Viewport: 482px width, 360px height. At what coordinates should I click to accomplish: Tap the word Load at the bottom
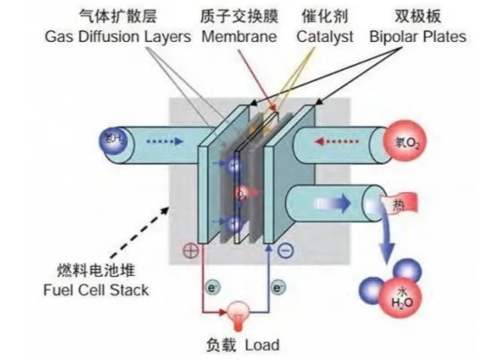[262, 346]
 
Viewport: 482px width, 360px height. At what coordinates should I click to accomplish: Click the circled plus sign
[191, 251]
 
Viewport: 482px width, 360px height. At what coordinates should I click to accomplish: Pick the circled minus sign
[285, 250]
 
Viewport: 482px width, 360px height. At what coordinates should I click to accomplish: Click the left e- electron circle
[211, 288]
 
